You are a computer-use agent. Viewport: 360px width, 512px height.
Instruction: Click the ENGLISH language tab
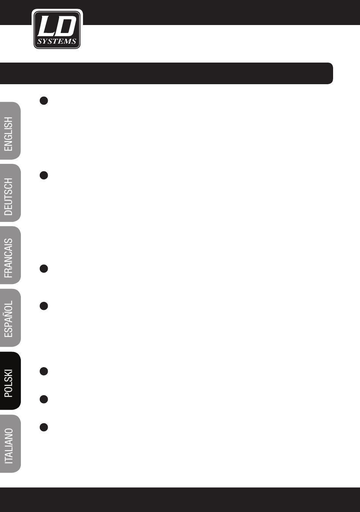tap(9, 131)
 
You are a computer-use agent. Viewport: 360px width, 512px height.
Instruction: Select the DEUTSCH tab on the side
tap(9, 193)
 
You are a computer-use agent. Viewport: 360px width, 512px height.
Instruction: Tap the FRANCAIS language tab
tap(9, 255)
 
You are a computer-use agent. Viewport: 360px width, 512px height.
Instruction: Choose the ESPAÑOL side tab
tap(9, 318)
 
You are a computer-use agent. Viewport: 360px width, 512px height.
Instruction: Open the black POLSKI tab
tap(9, 381)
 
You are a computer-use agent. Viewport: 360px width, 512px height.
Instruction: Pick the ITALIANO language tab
tap(9, 444)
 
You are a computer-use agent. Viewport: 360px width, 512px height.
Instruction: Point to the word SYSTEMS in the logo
tap(57, 42)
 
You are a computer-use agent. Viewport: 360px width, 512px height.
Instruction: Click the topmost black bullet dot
tap(44, 101)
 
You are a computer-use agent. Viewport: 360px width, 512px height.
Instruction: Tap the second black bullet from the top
tap(44, 175)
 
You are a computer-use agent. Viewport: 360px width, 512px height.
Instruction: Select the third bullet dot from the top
tap(44, 269)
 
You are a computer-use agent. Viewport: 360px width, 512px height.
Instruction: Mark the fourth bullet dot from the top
tap(44, 306)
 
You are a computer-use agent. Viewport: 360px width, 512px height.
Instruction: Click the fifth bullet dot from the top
tap(44, 371)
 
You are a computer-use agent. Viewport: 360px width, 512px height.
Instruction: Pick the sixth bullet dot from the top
tap(44, 399)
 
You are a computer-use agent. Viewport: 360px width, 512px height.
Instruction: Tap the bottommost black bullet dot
tap(44, 427)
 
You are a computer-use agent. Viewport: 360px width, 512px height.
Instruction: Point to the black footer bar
tap(180, 499)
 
